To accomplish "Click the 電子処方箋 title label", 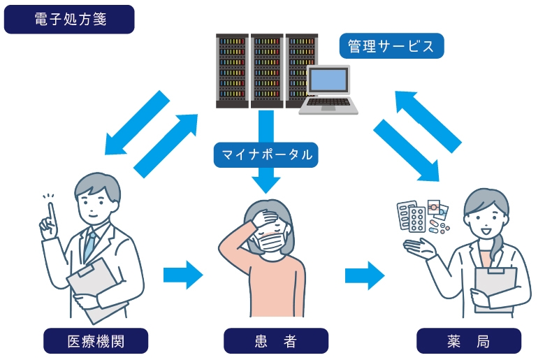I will (x=69, y=20).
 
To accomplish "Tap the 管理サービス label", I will (x=391, y=46).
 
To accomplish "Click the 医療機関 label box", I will (x=96, y=340).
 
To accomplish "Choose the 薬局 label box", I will (x=468, y=340).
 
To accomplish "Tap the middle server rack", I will (x=266, y=70).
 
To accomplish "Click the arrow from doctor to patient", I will (x=182, y=274).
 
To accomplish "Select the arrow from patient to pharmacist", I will (x=364, y=274).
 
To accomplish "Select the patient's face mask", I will (x=270, y=242).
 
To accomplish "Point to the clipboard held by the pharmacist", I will (x=495, y=287).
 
